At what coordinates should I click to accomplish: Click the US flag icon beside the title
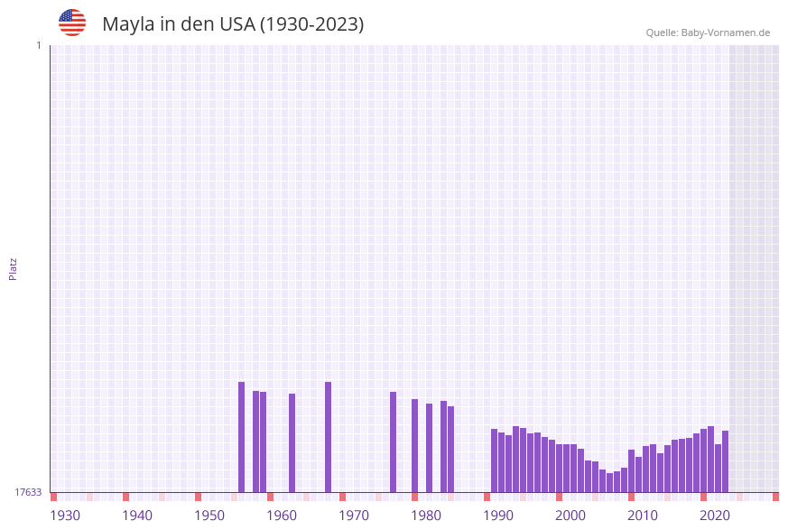[x=72, y=23]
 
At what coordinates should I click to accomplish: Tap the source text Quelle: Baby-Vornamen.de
[x=708, y=33]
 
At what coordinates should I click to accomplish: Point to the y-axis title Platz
[x=14, y=268]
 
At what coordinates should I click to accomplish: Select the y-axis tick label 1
[x=38, y=45]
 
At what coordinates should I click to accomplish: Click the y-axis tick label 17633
[x=28, y=492]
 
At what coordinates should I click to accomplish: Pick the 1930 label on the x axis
[x=65, y=516]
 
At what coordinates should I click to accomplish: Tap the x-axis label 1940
[x=137, y=516]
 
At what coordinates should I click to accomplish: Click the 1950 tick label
[x=209, y=516]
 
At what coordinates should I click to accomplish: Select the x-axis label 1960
[x=282, y=516]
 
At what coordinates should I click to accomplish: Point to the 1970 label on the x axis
[x=354, y=516]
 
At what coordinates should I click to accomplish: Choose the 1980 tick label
[x=426, y=516]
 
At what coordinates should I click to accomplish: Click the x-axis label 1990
[x=498, y=516]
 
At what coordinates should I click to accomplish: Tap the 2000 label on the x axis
[x=570, y=516]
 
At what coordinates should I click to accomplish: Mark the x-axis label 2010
[x=643, y=516]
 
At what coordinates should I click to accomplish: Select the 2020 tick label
[x=715, y=516]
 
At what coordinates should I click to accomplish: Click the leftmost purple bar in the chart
[x=241, y=437]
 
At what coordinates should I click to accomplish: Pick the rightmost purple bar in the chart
[x=725, y=461]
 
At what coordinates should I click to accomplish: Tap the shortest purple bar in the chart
[x=609, y=482]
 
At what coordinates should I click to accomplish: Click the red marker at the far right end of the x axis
[x=775, y=497]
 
